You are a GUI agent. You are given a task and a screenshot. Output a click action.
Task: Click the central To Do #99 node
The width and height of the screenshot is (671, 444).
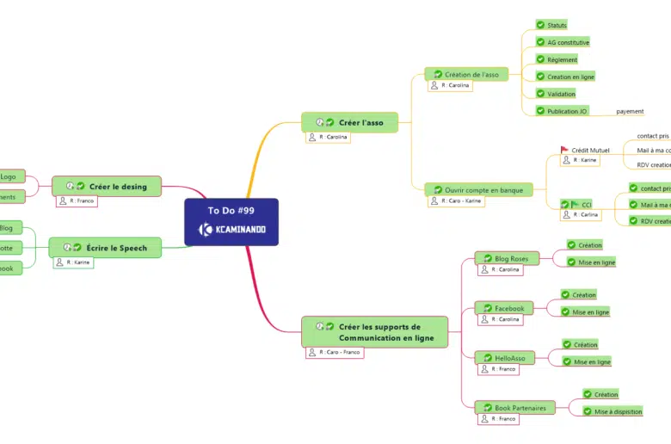click(231, 210)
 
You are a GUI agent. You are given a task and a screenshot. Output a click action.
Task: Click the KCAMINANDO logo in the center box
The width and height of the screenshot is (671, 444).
click(231, 230)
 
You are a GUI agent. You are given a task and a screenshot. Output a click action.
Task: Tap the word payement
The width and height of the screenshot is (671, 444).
click(630, 111)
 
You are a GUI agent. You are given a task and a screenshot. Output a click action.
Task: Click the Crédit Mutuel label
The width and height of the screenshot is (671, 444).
click(590, 150)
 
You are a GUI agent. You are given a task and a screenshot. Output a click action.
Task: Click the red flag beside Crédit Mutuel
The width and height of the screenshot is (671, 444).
click(565, 150)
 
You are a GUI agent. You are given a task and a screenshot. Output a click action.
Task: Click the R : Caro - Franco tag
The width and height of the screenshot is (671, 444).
click(335, 353)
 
